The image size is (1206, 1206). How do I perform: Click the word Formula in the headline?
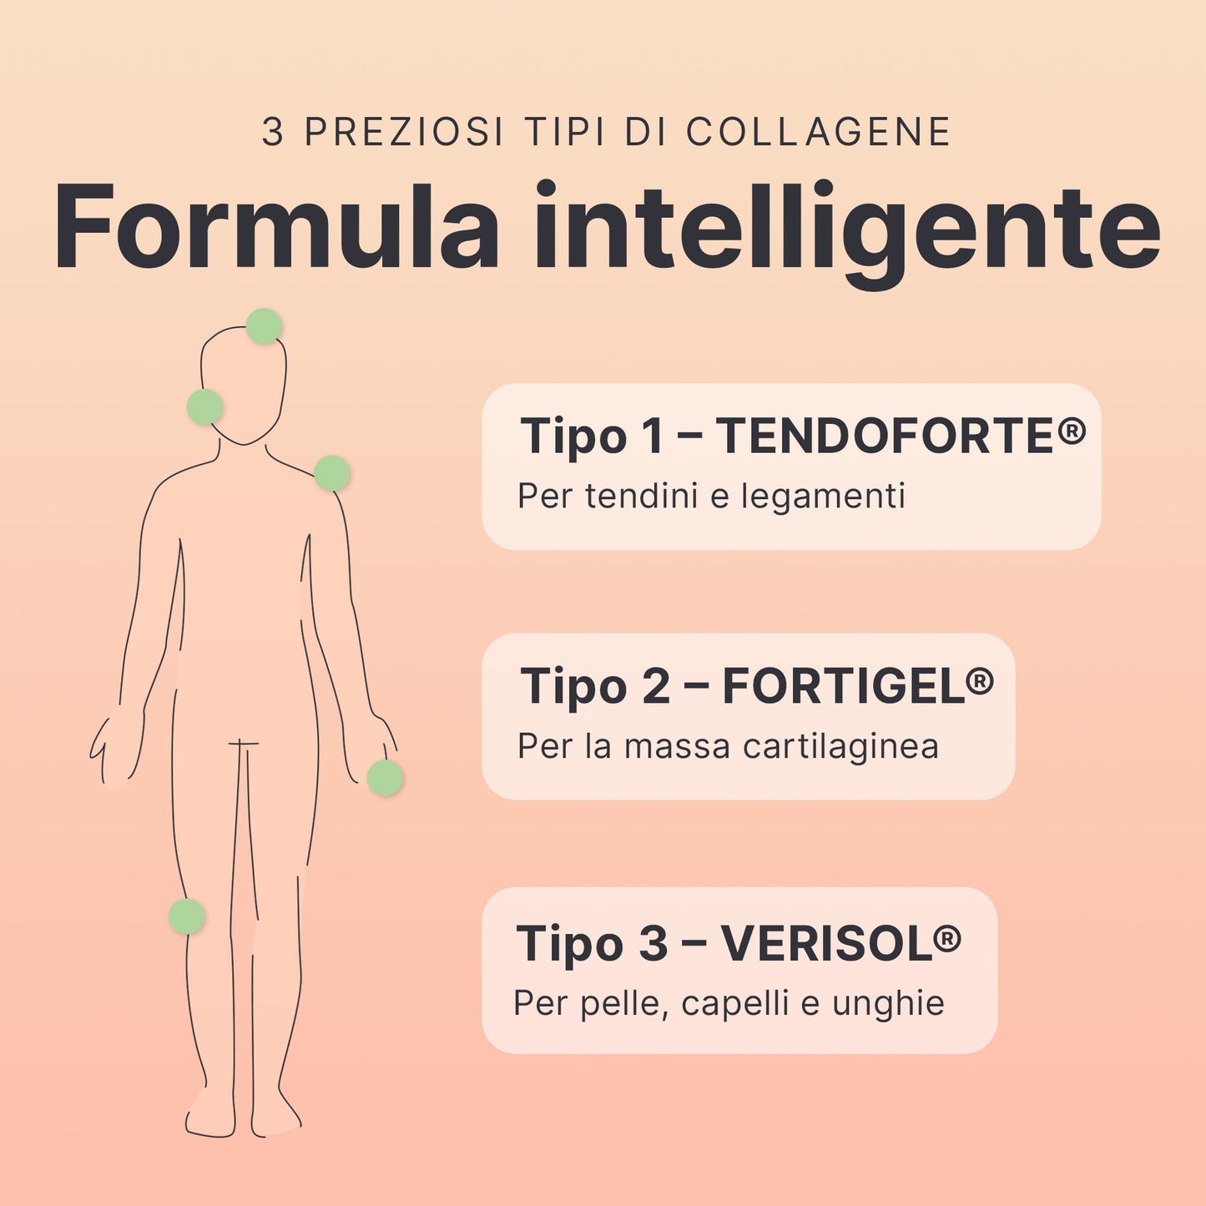pos(276,226)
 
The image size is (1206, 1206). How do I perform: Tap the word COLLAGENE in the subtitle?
pos(818,132)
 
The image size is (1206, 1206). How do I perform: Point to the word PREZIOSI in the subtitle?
pos(403,132)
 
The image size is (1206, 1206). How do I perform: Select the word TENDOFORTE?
pos(885,436)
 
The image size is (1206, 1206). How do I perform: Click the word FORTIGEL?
pos(843,686)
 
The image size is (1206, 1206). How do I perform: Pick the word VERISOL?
pos(825,943)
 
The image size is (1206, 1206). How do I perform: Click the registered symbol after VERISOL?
pos(946,939)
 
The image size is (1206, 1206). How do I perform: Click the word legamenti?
pos(823,497)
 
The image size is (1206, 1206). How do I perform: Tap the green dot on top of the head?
pos(264,326)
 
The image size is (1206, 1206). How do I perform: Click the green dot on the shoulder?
pos(331,473)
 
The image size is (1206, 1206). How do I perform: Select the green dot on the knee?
pos(187,916)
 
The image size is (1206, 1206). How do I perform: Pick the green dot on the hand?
pos(385,778)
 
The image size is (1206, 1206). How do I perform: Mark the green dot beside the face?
pos(204,406)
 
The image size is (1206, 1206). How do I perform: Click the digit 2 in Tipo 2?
pos(655,686)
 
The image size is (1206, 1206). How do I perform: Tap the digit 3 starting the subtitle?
pos(273,132)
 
